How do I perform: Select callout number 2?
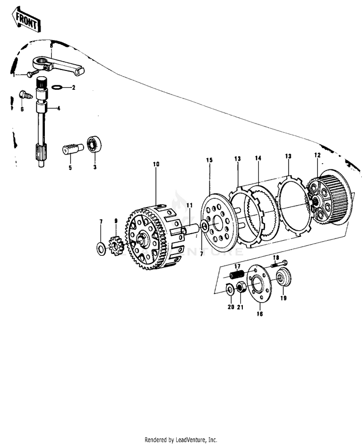(74, 88)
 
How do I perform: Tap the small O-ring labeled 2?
(56, 88)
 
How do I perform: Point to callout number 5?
(70, 167)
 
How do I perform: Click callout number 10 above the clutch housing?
(156, 165)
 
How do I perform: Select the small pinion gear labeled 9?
(115, 246)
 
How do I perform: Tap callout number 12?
(317, 155)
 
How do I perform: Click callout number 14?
(258, 158)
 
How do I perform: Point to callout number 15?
(209, 160)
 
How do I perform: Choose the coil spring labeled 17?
(237, 276)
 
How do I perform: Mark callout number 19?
(283, 298)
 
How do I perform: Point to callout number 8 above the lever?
(52, 44)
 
